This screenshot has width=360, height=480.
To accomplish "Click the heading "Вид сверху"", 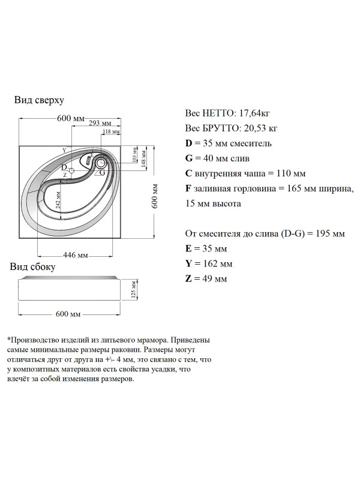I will tap(39, 100).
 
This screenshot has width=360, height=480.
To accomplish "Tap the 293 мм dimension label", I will tap(102, 122).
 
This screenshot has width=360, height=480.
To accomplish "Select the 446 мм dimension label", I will tap(76, 256).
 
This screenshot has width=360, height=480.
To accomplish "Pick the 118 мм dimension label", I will tap(111, 131).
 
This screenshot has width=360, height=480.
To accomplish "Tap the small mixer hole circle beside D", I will tap(72, 171).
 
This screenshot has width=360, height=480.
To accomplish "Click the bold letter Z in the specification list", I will tap(190, 279).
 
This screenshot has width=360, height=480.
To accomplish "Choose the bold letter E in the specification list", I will tap(190, 248).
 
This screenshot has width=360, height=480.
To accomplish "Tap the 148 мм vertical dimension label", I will tap(143, 158).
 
